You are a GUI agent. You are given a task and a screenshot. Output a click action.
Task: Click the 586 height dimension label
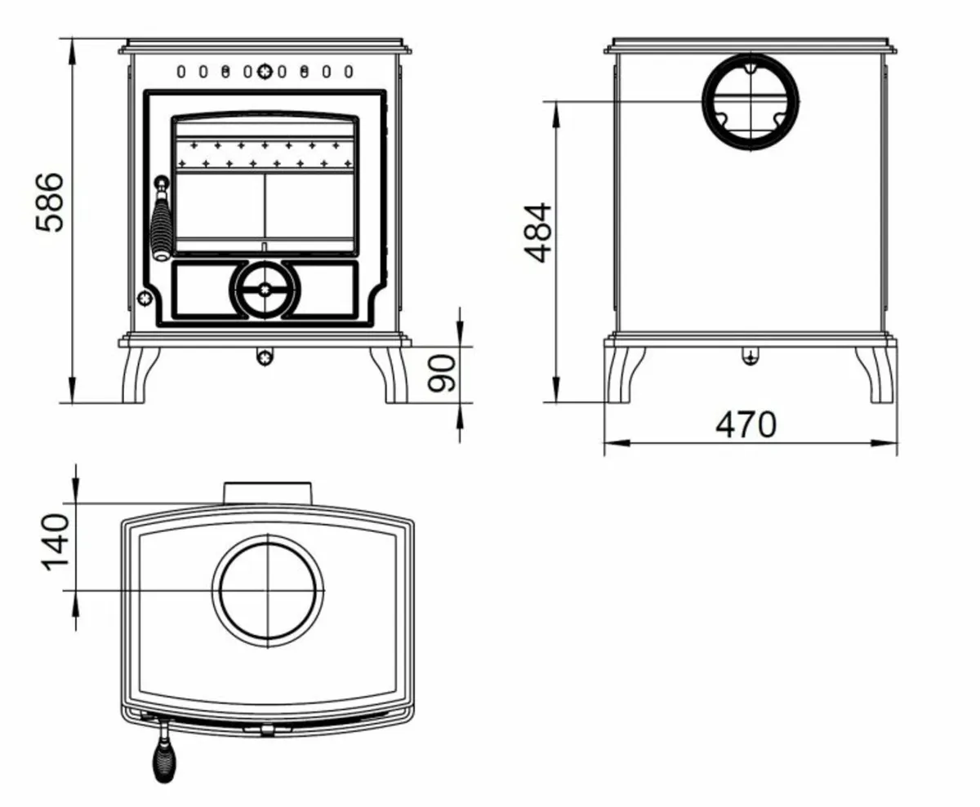51,202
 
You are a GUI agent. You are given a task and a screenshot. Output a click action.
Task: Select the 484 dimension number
538,233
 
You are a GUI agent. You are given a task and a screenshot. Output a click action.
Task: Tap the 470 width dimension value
746,425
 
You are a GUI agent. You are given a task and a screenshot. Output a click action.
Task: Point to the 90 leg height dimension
443,373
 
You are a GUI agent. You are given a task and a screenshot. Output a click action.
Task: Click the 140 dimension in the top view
56,542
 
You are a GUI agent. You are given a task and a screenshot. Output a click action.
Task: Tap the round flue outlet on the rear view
751,102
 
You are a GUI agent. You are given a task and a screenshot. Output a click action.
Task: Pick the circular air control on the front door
265,289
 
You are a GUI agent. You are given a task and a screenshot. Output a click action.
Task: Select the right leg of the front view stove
390,375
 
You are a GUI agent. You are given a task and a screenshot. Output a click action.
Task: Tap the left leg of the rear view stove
624,375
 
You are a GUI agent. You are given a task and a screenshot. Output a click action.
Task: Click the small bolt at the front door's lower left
145,299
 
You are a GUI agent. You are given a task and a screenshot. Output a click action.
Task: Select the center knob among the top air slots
265,72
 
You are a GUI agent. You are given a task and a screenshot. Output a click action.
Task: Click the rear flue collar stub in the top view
268,493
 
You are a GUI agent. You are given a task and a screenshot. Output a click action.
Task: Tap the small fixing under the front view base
264,357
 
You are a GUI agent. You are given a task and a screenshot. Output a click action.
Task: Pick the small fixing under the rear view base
751,356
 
